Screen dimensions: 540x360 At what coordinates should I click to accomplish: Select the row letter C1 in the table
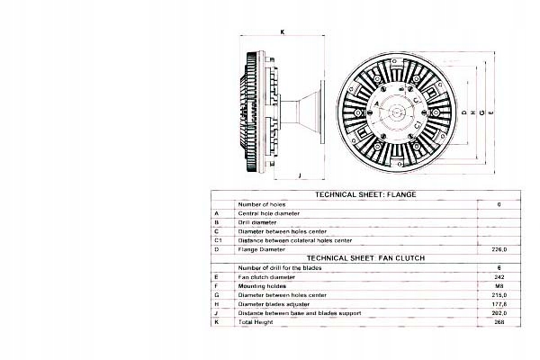click(x=218, y=239)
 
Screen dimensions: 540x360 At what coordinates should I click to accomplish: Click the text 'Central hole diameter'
click(x=268, y=212)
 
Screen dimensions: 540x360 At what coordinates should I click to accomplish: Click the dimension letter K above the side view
click(x=283, y=31)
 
